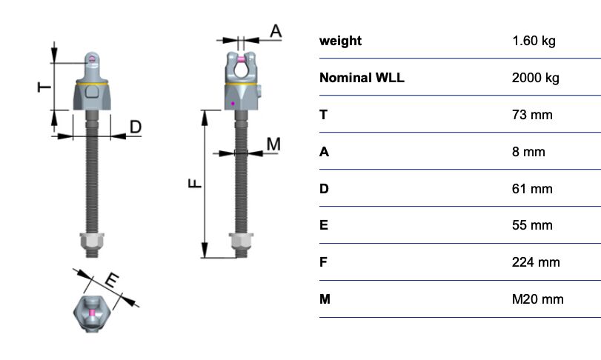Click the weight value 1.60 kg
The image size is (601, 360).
534,41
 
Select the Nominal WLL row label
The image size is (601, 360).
362,78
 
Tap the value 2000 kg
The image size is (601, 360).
536,78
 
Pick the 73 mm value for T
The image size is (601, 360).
532,115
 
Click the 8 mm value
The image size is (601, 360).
528,152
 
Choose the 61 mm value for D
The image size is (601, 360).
532,189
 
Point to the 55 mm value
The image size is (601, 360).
532,225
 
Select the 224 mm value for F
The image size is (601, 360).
536,262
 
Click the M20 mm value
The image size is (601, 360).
538,299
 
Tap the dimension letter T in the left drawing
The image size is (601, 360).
44,87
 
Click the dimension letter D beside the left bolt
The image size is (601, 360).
136,127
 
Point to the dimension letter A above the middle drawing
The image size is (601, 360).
276,31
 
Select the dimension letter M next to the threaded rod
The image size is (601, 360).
273,144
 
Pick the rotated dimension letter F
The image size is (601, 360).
195,184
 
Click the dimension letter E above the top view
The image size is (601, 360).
111,281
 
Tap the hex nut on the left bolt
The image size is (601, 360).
92,241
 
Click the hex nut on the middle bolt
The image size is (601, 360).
241,241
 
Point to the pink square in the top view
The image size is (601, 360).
92,313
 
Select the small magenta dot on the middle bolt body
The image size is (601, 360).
233,104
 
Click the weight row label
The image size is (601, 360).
340,41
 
